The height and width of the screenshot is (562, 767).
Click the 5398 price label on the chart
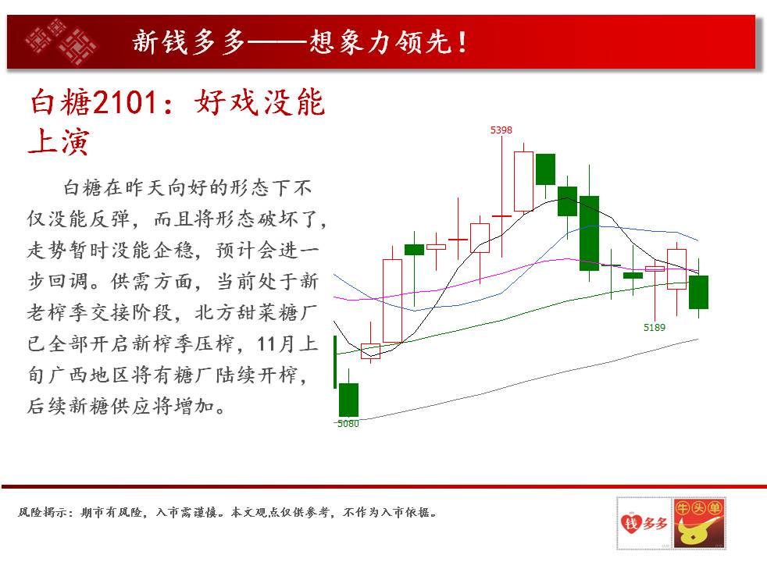pyautogui.click(x=501, y=130)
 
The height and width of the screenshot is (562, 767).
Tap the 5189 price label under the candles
pyautogui.click(x=654, y=327)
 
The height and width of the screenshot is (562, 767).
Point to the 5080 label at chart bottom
pyautogui.click(x=348, y=424)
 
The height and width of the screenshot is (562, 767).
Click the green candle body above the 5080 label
pyautogui.click(x=349, y=400)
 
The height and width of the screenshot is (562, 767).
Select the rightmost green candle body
pyautogui.click(x=698, y=292)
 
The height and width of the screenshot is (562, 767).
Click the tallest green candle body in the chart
pyautogui.click(x=589, y=233)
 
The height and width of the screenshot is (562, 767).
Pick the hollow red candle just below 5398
pyautogui.click(x=523, y=181)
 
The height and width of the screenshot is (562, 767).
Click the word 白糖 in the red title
pyautogui.click(x=61, y=102)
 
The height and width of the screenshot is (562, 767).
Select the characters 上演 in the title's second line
pyautogui.click(x=59, y=142)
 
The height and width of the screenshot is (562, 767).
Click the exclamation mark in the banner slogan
pyautogui.click(x=462, y=42)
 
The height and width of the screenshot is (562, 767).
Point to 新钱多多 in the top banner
pyautogui.click(x=189, y=41)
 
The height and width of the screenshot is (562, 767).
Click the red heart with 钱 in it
pyautogui.click(x=631, y=524)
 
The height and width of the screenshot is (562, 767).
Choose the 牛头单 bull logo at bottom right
pyautogui.click(x=698, y=523)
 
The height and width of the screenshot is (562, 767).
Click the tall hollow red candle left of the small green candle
pyautogui.click(x=392, y=301)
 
